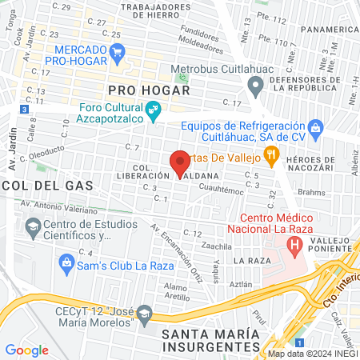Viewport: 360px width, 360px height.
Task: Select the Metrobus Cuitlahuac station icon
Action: (x=183, y=79)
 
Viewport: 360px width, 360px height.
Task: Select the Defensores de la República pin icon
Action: (x=255, y=84)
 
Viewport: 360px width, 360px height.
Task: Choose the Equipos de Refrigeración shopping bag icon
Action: (x=315, y=127)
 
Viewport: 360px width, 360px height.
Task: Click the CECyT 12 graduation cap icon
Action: (x=145, y=312)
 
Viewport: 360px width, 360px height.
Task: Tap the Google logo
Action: (x=27, y=350)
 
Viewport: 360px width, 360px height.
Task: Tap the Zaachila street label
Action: (x=217, y=245)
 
